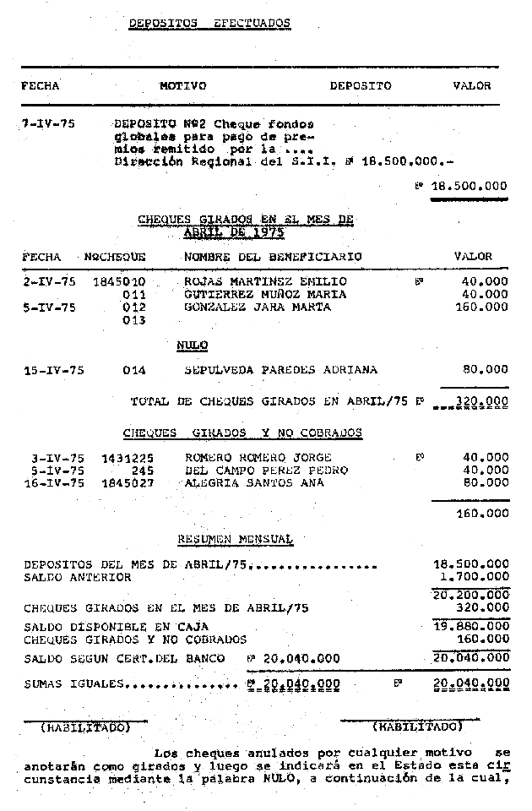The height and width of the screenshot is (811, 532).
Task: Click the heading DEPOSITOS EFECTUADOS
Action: [x=209, y=24]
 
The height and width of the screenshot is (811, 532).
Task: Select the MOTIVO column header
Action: [x=182, y=86]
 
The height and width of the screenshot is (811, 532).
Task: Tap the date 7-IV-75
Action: [x=48, y=123]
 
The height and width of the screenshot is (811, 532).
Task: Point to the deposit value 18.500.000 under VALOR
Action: [x=470, y=186]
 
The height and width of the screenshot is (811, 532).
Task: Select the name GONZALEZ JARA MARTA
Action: [x=246, y=308]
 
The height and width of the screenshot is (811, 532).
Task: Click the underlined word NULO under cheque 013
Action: [x=193, y=346]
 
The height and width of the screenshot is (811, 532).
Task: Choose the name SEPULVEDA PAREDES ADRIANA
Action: [x=280, y=370]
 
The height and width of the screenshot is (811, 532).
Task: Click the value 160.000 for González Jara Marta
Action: [x=486, y=308]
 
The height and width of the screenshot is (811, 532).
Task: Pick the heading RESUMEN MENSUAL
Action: [x=235, y=539]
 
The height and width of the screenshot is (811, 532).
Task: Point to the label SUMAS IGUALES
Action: [x=75, y=683]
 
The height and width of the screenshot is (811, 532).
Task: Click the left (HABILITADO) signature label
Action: [x=85, y=727]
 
